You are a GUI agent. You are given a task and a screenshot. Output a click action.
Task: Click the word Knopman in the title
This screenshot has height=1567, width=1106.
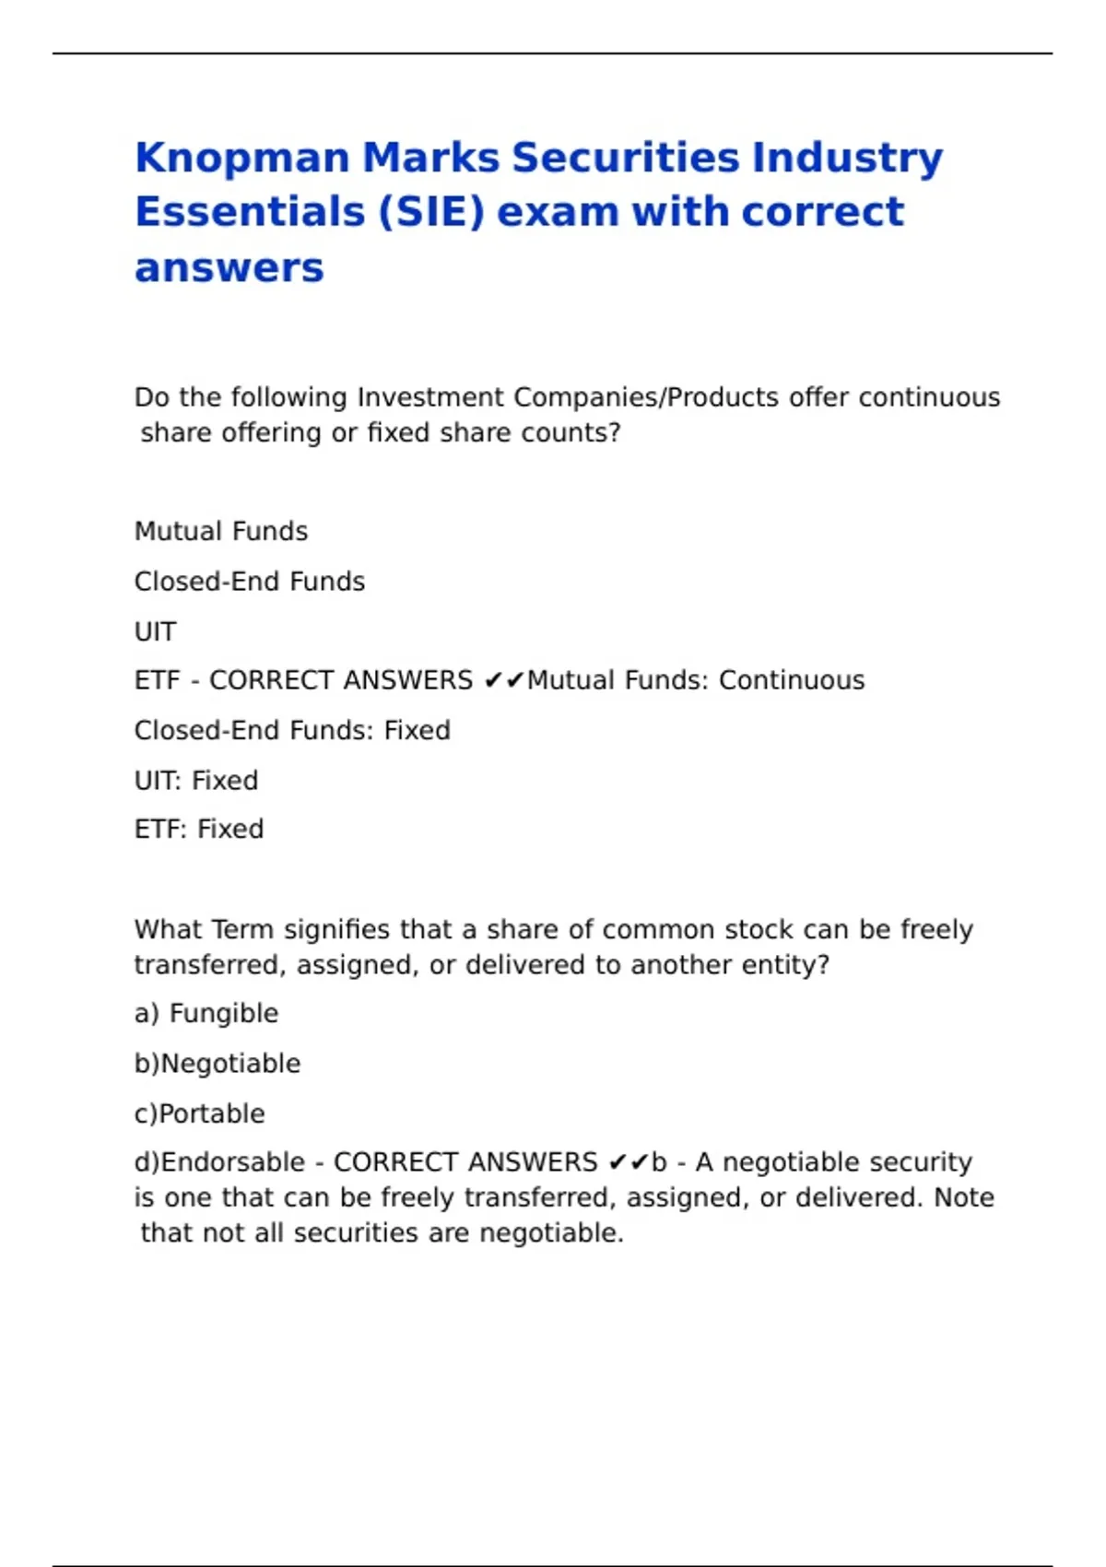pyautogui.click(x=241, y=159)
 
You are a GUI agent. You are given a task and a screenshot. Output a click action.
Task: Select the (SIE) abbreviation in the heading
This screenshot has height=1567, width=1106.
pyautogui.click(x=431, y=212)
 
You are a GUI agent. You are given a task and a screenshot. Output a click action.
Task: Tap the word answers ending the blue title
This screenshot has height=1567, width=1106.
pyautogui.click(x=229, y=268)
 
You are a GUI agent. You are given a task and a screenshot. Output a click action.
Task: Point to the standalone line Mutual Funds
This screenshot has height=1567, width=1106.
pyautogui.click(x=221, y=532)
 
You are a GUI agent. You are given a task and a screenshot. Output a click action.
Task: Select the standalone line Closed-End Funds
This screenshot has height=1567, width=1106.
pyautogui.click(x=250, y=582)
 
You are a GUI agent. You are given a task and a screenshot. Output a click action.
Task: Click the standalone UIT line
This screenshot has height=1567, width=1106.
pyautogui.click(x=155, y=632)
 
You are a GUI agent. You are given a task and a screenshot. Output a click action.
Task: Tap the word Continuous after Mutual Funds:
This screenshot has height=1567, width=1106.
pyautogui.click(x=792, y=680)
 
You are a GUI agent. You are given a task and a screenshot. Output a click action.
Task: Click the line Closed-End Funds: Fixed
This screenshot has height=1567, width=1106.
pyautogui.click(x=292, y=731)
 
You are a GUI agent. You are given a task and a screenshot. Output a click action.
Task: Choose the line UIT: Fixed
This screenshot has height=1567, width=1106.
pyautogui.click(x=196, y=781)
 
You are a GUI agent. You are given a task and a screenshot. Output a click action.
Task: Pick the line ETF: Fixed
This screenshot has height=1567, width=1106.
pyautogui.click(x=199, y=830)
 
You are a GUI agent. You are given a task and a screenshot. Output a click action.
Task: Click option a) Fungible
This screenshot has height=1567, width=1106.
pyautogui.click(x=206, y=1014)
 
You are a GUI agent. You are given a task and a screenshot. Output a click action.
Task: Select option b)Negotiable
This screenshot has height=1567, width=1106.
pyautogui.click(x=218, y=1064)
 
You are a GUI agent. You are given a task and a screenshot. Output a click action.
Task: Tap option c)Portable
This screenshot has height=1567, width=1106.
pyautogui.click(x=200, y=1114)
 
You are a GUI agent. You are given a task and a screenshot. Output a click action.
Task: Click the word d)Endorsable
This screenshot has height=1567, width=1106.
pyautogui.click(x=219, y=1162)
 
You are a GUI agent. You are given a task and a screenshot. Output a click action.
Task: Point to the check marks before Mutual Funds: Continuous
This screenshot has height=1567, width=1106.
pyautogui.click(x=503, y=681)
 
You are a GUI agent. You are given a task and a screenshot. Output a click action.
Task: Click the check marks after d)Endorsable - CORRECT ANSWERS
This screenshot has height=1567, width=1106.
pyautogui.click(x=629, y=1162)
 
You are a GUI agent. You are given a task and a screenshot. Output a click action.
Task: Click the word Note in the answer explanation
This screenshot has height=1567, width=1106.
pyautogui.click(x=964, y=1197)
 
